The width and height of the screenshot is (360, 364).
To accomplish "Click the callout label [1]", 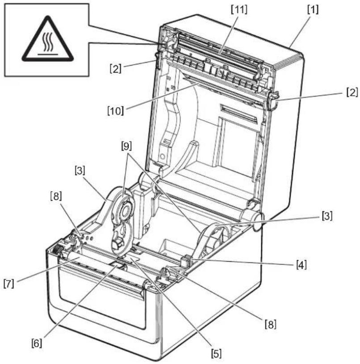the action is (x=313, y=10).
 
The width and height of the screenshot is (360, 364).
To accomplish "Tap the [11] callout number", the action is (x=239, y=9).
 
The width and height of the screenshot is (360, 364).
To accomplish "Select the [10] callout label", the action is (x=115, y=110).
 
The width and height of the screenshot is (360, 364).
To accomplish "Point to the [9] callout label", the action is (x=126, y=146).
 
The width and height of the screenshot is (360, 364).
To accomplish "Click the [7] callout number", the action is (x=9, y=284).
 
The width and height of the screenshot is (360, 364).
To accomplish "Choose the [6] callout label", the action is (x=37, y=343).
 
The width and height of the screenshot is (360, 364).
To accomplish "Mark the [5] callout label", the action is (x=216, y=354).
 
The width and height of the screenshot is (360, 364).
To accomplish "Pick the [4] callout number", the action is (x=301, y=264).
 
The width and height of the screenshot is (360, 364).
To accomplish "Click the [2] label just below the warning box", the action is (x=115, y=69).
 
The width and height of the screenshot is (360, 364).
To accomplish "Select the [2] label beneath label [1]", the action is (x=352, y=92).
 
